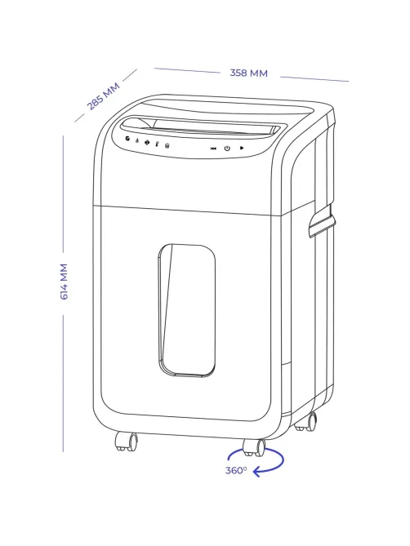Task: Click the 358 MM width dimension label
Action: click(248, 73)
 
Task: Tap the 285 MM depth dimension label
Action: click(104, 95)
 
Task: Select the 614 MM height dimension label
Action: click(64, 282)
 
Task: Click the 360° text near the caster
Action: click(236, 470)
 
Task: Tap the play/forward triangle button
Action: click(242, 148)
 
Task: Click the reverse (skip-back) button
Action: click(213, 149)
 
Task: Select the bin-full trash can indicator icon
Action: click(167, 145)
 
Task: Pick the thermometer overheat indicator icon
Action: click(157, 144)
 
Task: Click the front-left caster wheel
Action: click(127, 442)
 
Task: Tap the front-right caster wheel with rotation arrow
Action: click(254, 447)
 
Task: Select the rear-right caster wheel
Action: click(306, 422)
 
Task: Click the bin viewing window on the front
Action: click(186, 311)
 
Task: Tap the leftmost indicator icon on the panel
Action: click(128, 139)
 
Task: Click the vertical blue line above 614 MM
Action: click(63, 193)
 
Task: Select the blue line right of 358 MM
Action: click(314, 79)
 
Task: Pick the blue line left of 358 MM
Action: click(187, 70)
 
